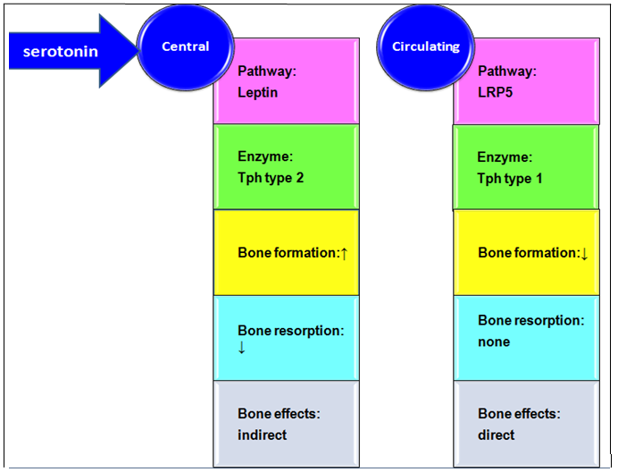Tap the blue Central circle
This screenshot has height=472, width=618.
(185, 47)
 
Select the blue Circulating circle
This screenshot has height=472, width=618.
(426, 47)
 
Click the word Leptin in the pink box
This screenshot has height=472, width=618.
(258, 93)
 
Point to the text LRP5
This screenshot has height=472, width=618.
(495, 93)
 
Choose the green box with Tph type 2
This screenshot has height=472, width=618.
(286, 167)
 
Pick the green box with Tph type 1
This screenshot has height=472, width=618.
(526, 167)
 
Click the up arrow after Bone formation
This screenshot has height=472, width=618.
(344, 253)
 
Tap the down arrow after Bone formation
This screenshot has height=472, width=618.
(584, 253)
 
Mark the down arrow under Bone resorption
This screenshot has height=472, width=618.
(242, 347)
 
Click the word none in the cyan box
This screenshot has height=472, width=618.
(494, 341)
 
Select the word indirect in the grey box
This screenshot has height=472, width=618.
(262, 435)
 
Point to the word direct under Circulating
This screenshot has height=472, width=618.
(497, 435)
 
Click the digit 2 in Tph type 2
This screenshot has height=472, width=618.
(300, 178)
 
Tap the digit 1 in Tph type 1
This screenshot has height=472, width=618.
(539, 179)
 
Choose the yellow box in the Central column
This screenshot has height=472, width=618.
(286, 253)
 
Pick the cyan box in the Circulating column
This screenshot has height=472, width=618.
(526, 338)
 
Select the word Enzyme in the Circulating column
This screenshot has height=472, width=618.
(505, 157)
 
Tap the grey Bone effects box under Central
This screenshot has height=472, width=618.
(286, 424)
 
